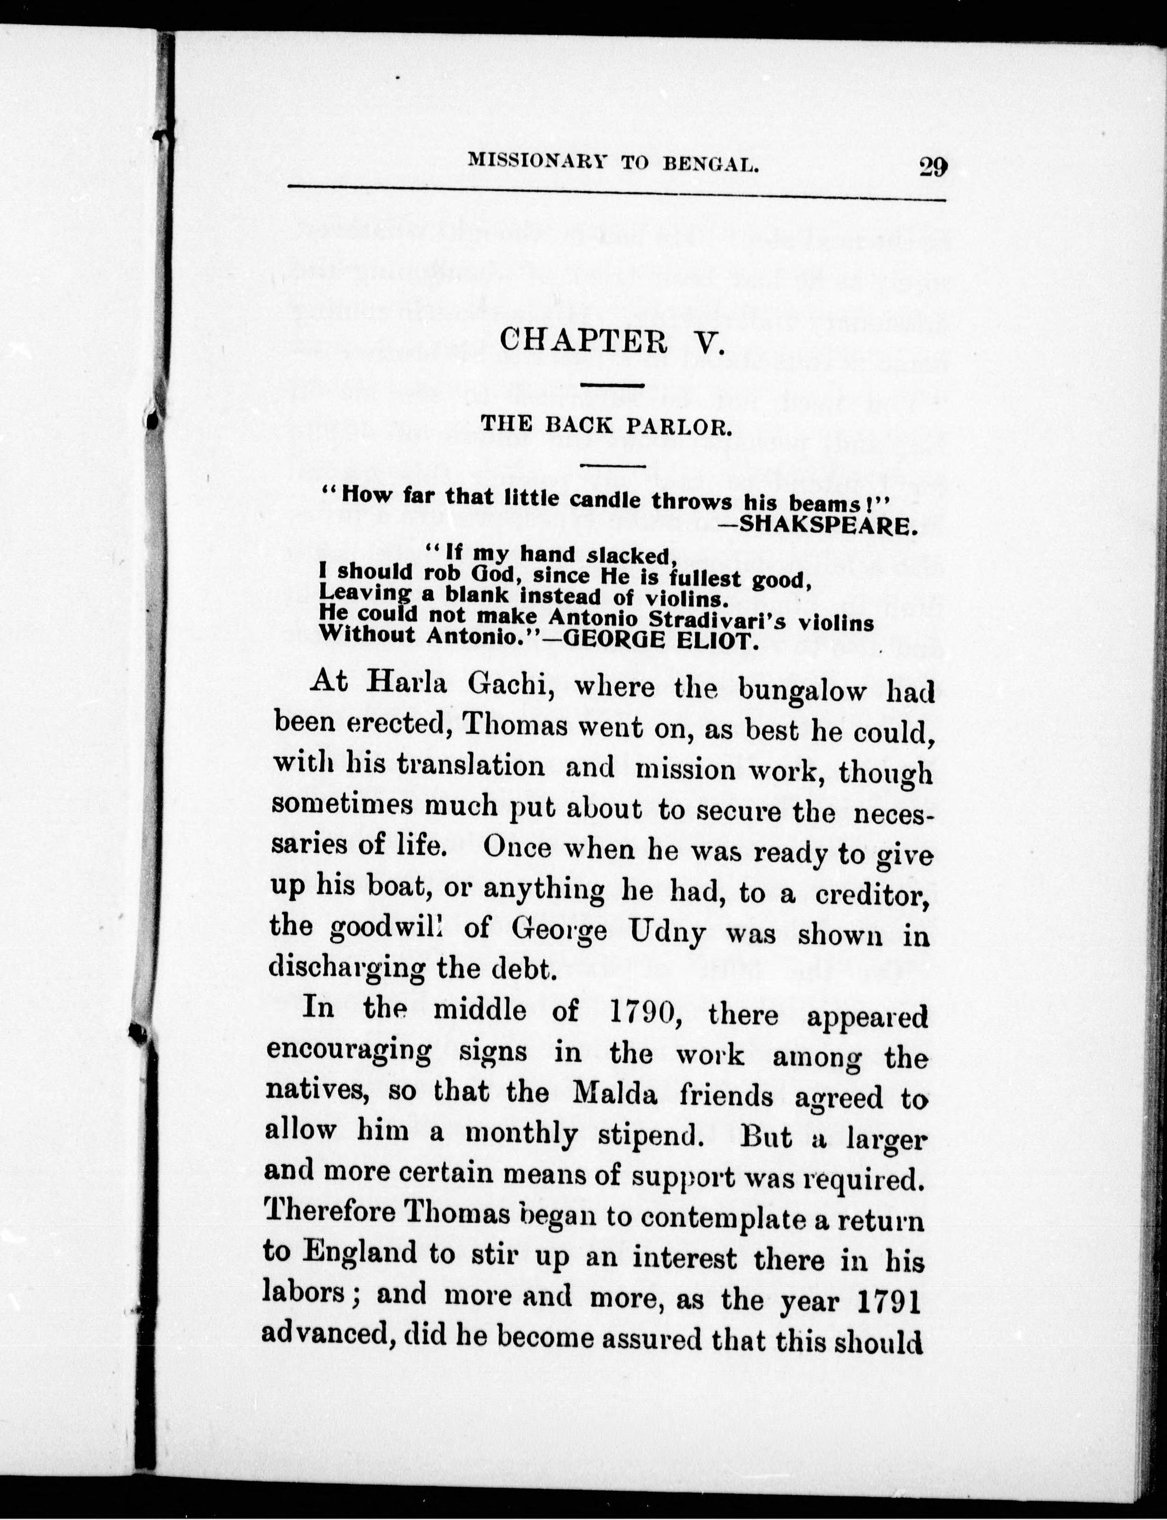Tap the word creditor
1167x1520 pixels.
point(872,894)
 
